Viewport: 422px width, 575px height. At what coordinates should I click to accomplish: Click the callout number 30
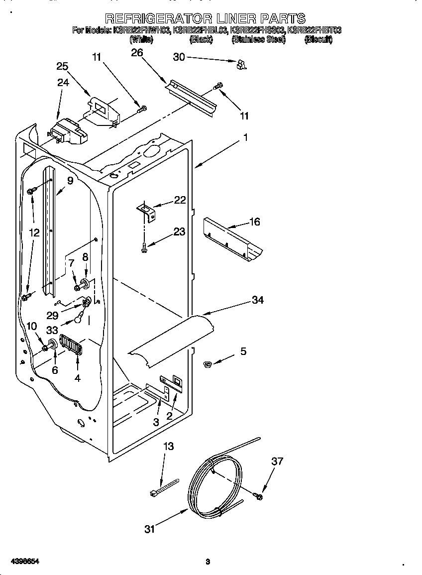pos(179,57)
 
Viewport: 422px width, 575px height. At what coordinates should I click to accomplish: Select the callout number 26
pos(137,53)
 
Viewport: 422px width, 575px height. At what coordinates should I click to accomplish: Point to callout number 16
pos(254,222)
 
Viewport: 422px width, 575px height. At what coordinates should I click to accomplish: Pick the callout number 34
pos(257,300)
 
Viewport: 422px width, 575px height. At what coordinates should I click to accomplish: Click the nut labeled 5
pos(209,366)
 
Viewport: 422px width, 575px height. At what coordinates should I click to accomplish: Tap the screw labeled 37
pos(258,496)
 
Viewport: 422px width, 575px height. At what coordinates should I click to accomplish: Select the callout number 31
pos(149,529)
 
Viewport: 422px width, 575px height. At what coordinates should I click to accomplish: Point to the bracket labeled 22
pos(147,211)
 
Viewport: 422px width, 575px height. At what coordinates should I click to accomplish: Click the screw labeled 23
pos(144,245)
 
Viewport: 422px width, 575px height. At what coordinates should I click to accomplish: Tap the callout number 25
pos(62,66)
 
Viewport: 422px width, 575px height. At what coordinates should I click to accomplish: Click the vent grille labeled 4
pos(70,345)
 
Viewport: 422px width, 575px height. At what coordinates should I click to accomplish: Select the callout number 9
pos(70,181)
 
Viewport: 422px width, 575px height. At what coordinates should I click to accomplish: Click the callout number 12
pos(34,232)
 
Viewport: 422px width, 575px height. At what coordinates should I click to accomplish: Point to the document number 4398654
pos(21,561)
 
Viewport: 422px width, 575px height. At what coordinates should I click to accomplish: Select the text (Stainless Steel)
pos(259,40)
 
